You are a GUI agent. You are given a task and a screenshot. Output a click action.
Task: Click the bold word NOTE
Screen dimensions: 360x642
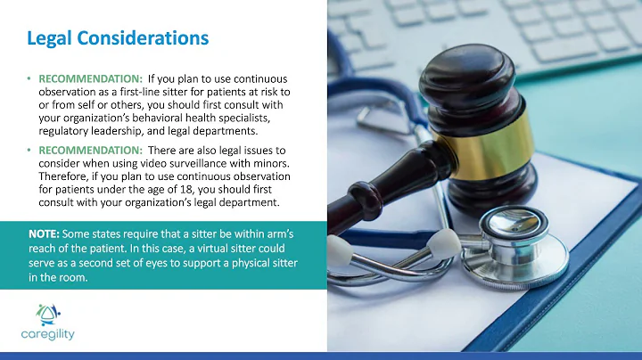click(45, 233)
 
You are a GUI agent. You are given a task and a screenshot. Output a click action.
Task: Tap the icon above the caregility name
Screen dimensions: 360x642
click(46, 313)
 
